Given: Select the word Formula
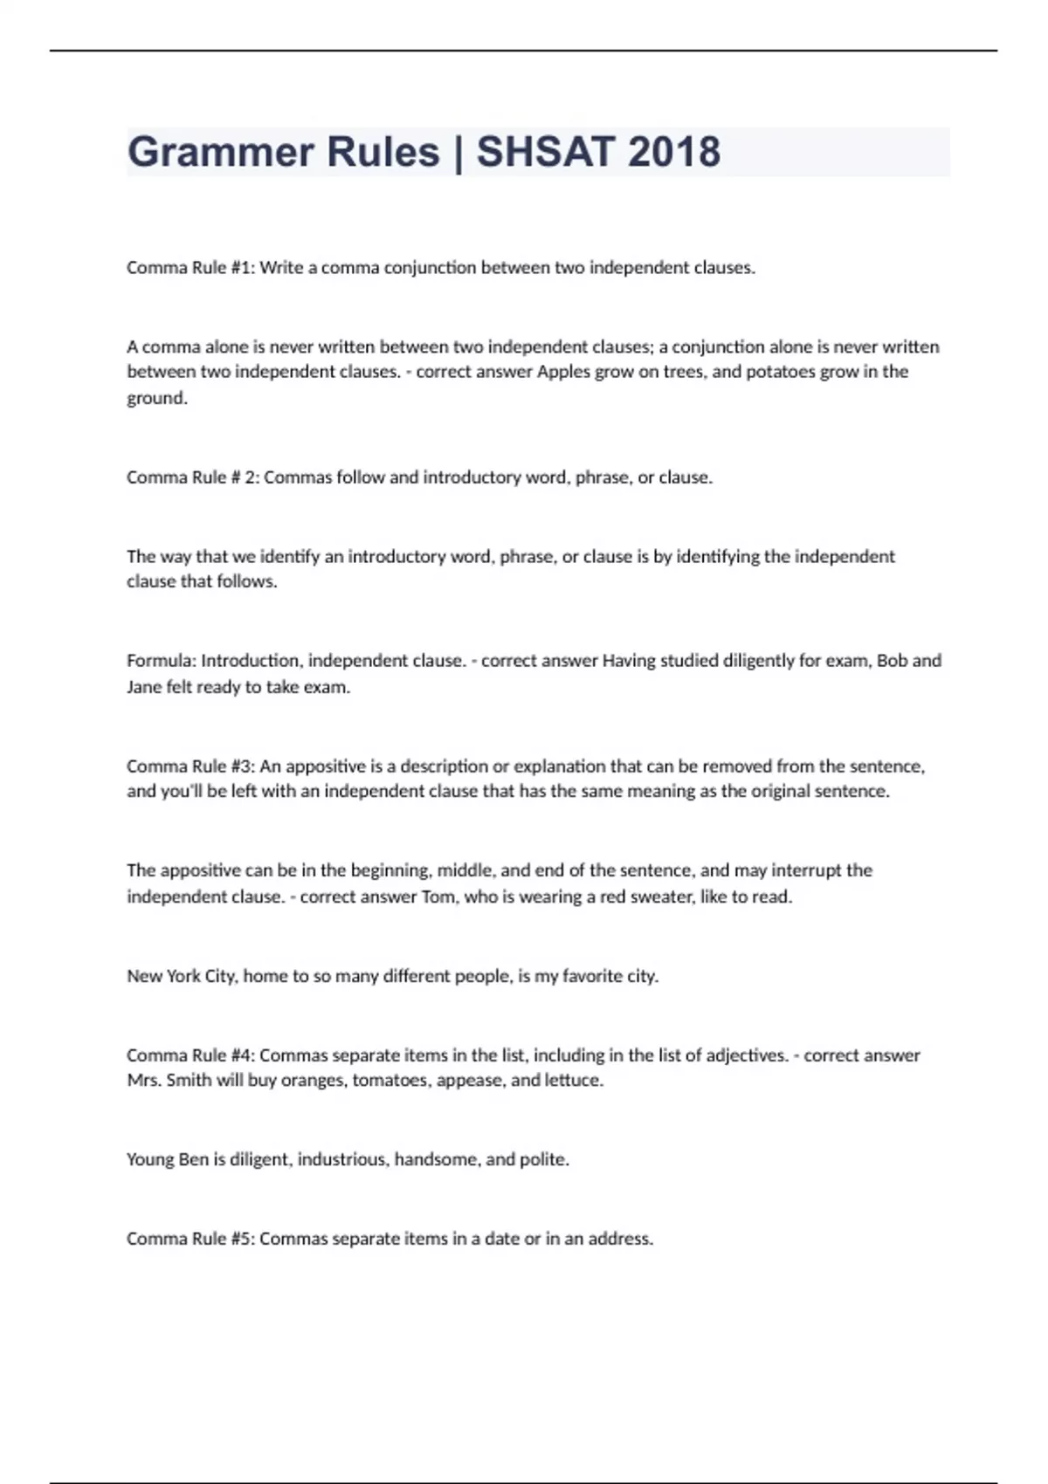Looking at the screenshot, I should [161, 661].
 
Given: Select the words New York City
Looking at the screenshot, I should [181, 976].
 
